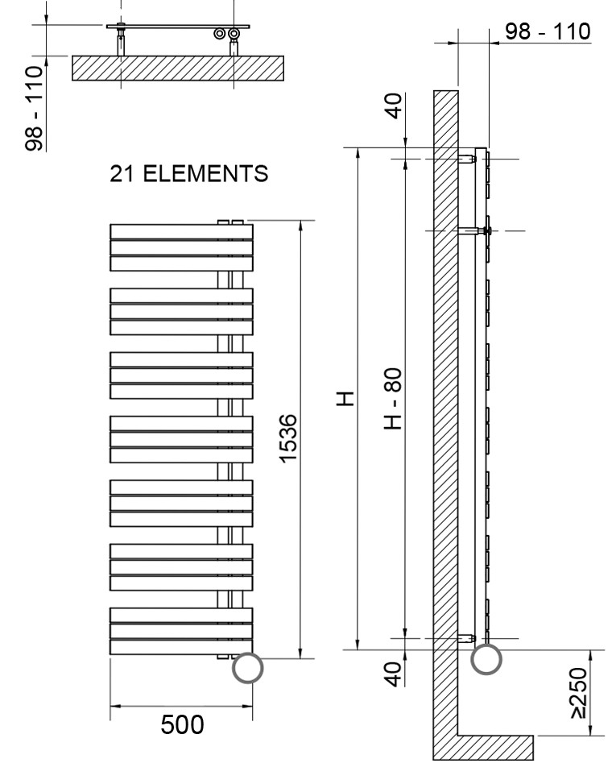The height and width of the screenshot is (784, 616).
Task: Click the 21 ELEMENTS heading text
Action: click(189, 173)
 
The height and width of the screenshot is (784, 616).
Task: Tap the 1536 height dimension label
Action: click(287, 439)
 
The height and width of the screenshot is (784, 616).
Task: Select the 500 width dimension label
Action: click(182, 724)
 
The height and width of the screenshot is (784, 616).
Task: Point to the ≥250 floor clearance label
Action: click(578, 692)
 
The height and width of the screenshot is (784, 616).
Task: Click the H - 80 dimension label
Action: click(393, 399)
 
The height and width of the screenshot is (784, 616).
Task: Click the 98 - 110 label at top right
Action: click(548, 31)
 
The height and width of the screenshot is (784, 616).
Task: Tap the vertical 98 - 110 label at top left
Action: click(34, 108)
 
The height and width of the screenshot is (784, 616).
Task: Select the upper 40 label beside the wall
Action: click(394, 106)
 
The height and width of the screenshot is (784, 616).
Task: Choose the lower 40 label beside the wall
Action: click(394, 674)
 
